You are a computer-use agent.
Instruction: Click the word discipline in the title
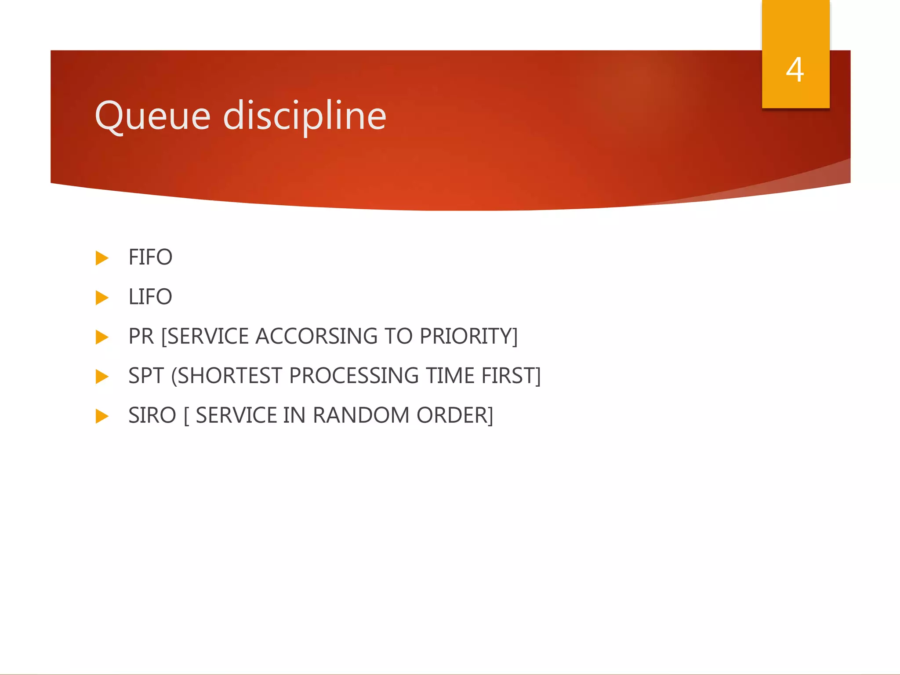305,116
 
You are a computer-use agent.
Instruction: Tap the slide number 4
795,70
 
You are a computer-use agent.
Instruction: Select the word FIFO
150,258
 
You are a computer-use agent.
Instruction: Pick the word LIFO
150,297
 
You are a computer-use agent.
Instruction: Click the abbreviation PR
141,337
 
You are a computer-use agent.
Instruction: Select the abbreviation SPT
146,376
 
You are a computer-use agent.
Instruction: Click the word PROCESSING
354,376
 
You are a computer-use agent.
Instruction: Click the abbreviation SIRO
152,416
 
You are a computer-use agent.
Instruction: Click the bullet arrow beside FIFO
102,258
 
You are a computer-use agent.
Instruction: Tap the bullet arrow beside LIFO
102,298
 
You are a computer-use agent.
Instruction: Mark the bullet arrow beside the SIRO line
102,416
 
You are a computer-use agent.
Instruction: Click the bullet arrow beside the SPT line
102,377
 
